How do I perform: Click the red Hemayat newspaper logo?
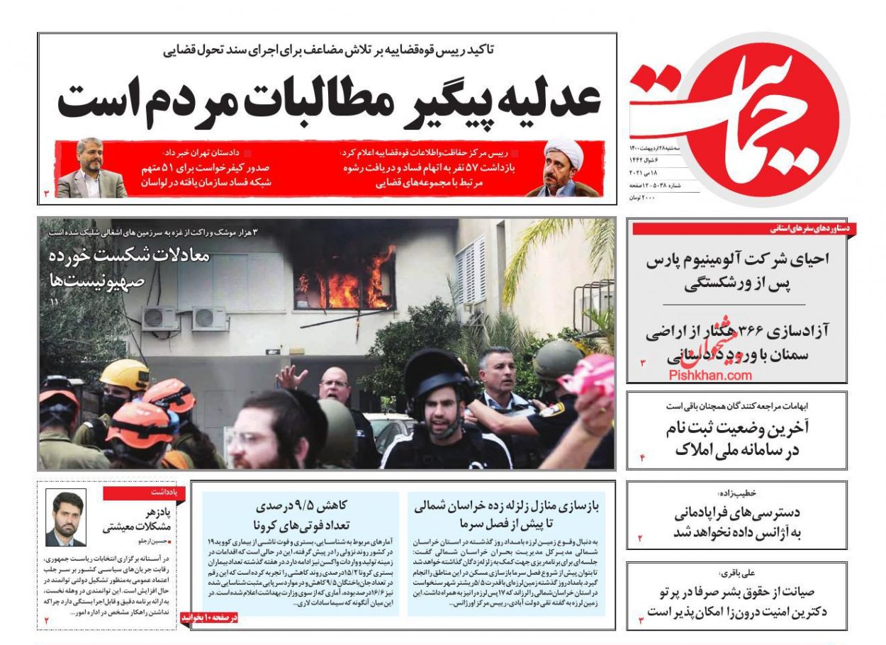pos(751,117)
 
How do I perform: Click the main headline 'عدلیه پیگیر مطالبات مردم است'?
pos(330,100)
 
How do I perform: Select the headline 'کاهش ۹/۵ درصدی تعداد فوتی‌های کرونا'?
pos(302,515)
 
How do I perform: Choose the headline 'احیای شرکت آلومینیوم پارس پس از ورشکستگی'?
pos(737,271)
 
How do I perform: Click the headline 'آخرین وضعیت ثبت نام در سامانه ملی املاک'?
pos(737,439)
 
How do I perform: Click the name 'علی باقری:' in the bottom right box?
pos(738,573)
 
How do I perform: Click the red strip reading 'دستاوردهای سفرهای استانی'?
pos(812,229)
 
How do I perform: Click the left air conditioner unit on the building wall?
pos(160,318)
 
